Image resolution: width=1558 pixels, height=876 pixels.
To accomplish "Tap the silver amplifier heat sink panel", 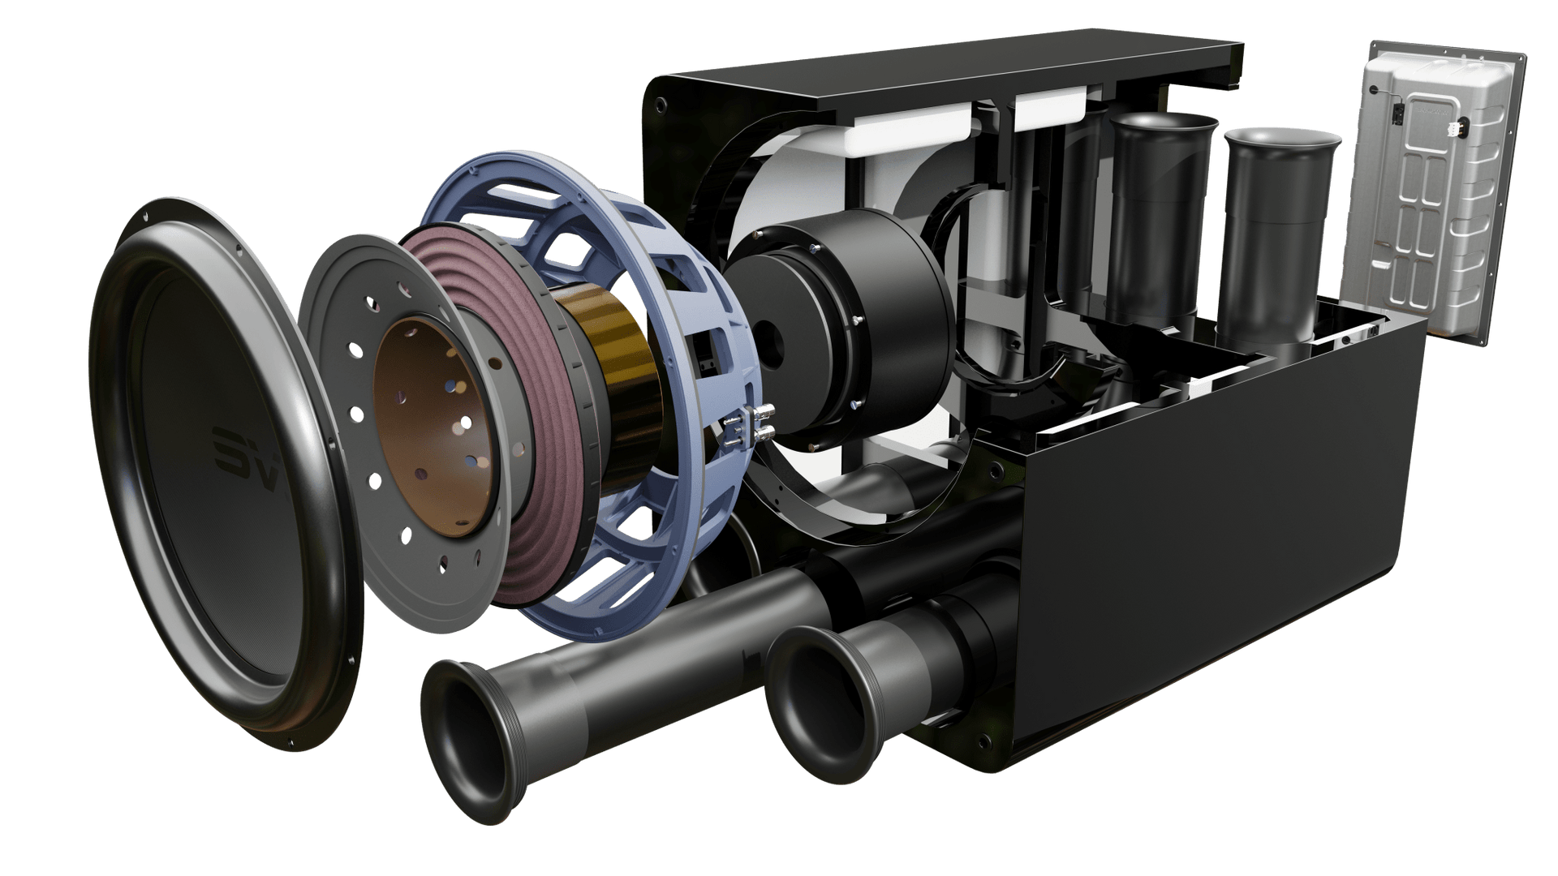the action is (1431, 191).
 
